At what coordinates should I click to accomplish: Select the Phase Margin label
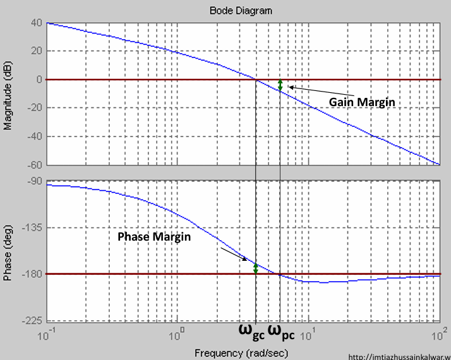coord(155,236)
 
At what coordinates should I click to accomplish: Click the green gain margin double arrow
coord(280,85)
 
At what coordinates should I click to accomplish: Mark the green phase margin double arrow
coord(256,268)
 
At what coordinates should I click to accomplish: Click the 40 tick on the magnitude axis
coord(35,23)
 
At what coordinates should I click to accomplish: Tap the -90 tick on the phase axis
coord(33,181)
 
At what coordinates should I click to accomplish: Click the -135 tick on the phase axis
coord(30,227)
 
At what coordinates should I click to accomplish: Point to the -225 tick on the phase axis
coord(30,321)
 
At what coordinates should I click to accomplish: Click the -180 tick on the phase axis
coord(30,274)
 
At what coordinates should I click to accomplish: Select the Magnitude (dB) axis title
coord(8,95)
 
